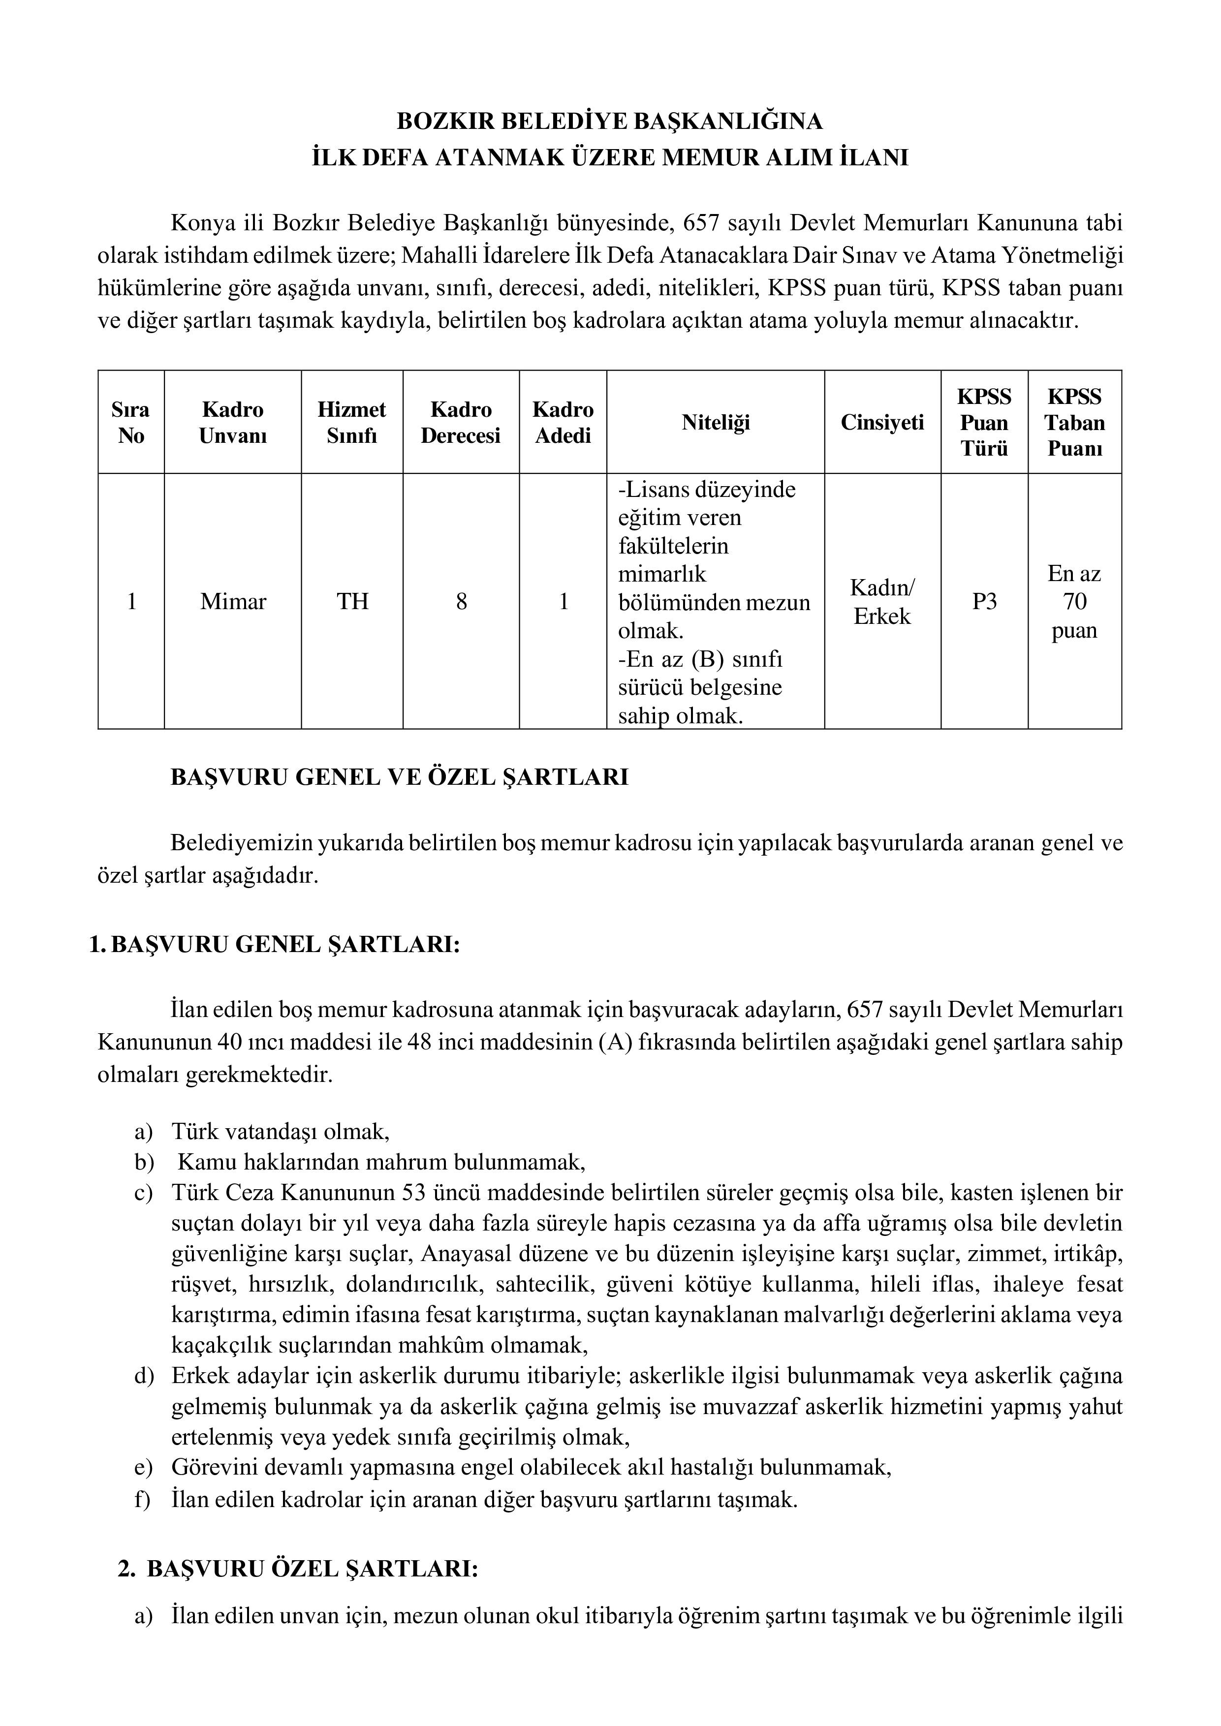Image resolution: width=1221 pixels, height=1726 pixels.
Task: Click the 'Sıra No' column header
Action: pos(131,423)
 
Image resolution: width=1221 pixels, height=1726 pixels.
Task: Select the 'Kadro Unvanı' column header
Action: pos(233,423)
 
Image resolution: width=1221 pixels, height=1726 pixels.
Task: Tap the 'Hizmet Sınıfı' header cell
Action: pos(352,423)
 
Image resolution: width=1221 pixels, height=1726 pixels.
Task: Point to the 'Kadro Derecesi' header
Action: pos(461,423)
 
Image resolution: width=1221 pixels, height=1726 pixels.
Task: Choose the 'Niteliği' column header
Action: pos(716,423)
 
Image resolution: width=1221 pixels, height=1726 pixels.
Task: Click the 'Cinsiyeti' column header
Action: pos(882,423)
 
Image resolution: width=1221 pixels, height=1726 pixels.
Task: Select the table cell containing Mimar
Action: pos(233,601)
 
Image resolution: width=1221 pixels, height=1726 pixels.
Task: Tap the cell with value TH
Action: pos(352,601)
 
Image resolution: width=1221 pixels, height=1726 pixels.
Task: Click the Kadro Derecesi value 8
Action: pos(461,601)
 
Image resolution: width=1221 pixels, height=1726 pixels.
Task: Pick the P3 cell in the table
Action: pos(984,601)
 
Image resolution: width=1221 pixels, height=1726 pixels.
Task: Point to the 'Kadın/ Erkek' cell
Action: pos(882,601)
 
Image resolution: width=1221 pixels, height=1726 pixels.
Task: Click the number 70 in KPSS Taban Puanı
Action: pos(1074,601)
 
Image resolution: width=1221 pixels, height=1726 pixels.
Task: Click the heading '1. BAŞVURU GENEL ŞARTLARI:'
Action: pos(275,945)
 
